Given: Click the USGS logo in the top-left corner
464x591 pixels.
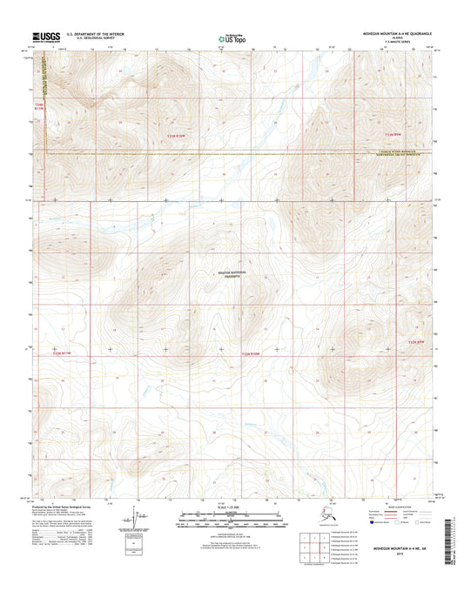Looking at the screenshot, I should [44, 37].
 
